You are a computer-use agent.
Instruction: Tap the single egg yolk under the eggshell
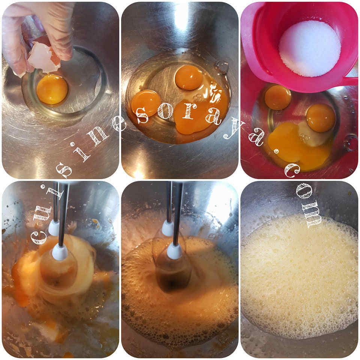click(52, 89)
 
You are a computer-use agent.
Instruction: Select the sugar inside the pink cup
click(310, 48)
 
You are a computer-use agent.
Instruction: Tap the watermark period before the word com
click(277, 152)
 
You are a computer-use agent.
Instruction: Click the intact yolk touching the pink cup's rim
click(278, 97)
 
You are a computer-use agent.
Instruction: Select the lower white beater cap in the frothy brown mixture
click(174, 251)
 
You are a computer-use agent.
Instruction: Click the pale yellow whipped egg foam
click(298, 276)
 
